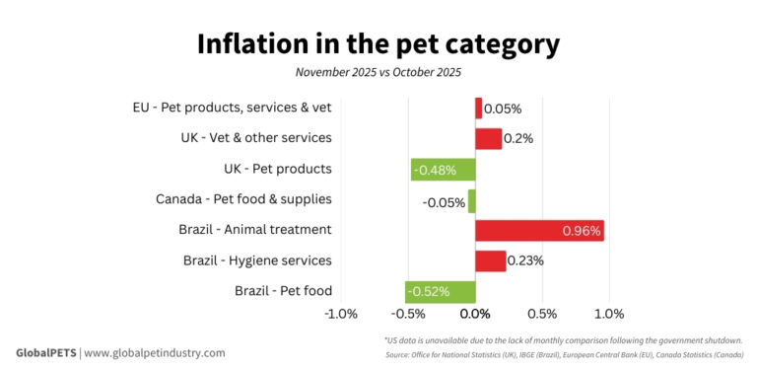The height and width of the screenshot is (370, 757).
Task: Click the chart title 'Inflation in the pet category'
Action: click(378, 44)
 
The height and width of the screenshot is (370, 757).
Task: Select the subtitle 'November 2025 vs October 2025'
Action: click(378, 72)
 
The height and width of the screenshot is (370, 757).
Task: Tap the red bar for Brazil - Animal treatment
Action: click(539, 230)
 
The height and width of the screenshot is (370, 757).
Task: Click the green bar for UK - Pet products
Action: click(443, 169)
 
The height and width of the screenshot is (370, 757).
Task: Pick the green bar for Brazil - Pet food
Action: click(440, 291)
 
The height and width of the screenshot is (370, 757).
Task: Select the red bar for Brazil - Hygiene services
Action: click(490, 260)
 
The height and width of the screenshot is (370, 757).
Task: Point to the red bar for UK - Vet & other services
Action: click(488, 138)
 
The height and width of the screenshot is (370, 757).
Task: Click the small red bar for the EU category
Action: click(478, 108)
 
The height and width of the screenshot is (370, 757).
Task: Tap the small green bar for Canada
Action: click(471, 200)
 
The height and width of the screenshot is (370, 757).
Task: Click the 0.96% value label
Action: click(581, 230)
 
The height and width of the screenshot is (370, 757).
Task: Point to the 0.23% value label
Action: click(526, 260)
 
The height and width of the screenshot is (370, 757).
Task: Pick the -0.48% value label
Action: click(435, 169)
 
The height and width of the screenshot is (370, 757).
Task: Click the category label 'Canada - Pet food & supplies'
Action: click(243, 199)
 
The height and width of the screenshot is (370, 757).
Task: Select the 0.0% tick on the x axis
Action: click(475, 315)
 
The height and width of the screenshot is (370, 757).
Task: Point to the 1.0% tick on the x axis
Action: click(609, 315)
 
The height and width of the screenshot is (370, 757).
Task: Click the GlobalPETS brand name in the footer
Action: click(45, 352)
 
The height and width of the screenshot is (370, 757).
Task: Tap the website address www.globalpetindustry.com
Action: click(155, 352)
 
